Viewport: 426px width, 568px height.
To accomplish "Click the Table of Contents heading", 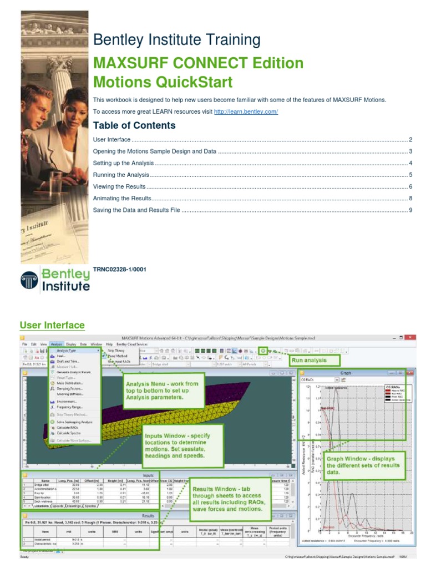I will [x=134, y=125].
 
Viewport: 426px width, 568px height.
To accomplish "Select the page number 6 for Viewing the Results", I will [x=410, y=187].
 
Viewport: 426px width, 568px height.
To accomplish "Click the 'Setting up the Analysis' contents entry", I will [x=123, y=163].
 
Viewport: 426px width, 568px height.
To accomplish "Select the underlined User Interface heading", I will [x=52, y=325].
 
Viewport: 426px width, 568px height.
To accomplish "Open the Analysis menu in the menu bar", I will [x=57, y=344].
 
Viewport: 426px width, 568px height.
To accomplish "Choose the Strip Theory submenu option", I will [x=116, y=351].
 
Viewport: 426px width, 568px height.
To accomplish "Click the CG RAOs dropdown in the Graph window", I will [x=319, y=380].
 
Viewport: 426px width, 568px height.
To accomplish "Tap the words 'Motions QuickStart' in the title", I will [x=163, y=82].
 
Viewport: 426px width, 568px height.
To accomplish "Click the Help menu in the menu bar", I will [x=109, y=344].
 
